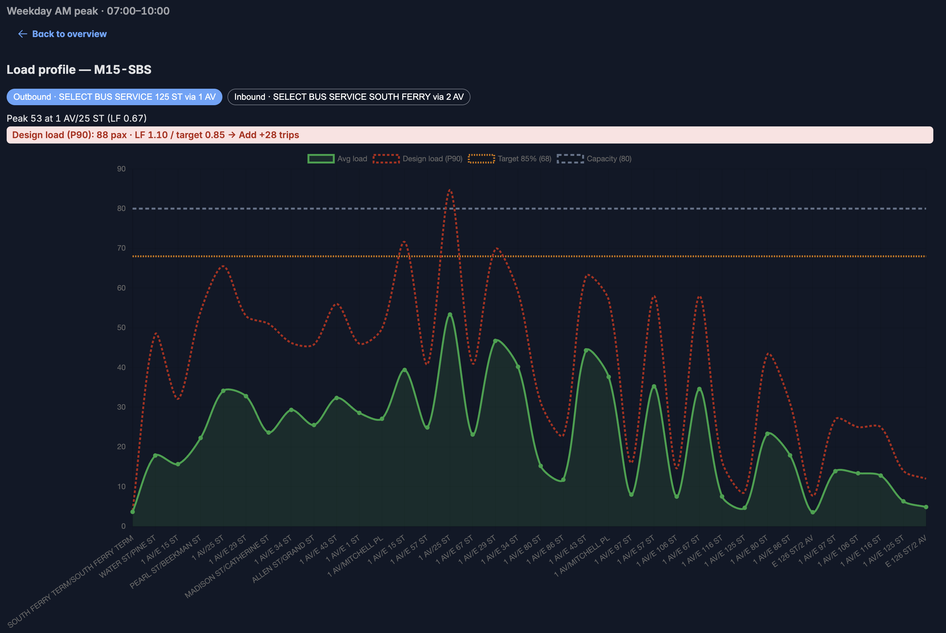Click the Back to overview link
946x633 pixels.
coord(62,34)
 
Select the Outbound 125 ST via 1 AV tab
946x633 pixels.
coord(114,97)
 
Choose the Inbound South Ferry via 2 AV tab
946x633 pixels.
coord(349,97)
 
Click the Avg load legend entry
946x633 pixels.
coord(337,159)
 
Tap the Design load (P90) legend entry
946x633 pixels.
coord(418,159)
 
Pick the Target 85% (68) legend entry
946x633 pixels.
coord(510,159)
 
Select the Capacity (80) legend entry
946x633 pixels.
coord(594,159)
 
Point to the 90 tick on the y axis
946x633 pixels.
coord(121,169)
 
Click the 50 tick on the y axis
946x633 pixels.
coord(121,327)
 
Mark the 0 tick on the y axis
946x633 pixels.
coord(124,526)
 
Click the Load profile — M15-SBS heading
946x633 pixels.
coord(79,69)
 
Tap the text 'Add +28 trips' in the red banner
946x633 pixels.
coord(269,135)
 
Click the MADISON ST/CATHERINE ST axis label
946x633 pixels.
coord(227,567)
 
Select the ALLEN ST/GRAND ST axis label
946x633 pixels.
coord(283,559)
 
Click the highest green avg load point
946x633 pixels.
coord(450,315)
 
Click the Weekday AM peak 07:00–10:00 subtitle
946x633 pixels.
coord(88,11)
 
